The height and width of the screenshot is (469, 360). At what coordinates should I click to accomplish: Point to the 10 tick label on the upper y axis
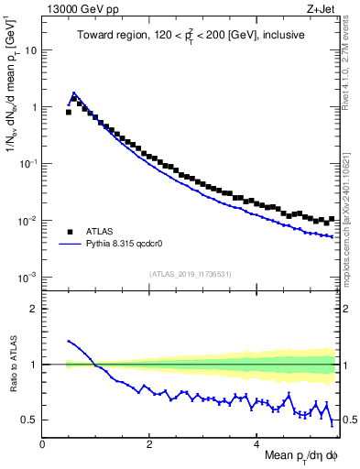coord(30,50)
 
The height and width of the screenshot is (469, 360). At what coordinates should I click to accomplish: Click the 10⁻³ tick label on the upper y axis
coord(27,277)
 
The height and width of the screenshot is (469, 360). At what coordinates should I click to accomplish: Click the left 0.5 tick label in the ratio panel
coord(29,420)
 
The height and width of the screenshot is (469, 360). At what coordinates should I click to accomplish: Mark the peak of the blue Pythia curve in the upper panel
coord(74,93)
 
